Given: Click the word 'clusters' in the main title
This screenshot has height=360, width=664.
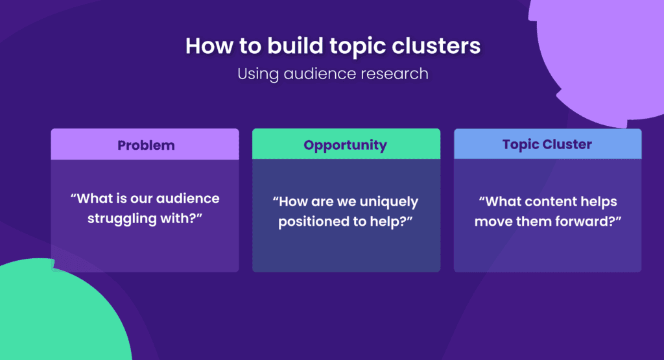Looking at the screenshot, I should click(435, 47).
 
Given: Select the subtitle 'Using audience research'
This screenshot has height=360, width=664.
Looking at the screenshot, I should click(333, 73).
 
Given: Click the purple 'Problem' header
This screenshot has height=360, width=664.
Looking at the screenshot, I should click(145, 145).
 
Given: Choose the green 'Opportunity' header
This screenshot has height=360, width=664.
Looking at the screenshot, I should click(345, 145).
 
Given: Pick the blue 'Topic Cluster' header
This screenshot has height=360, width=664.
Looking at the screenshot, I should click(547, 144).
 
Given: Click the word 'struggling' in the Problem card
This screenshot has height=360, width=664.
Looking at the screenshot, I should click(120, 217).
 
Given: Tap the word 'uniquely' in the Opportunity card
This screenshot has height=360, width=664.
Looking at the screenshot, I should click(388, 202).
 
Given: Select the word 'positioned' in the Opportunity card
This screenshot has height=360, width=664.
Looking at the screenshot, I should click(311, 221).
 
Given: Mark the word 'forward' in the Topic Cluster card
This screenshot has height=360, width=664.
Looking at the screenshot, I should click(591, 221).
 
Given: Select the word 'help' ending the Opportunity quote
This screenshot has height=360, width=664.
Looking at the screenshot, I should click(395, 221).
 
